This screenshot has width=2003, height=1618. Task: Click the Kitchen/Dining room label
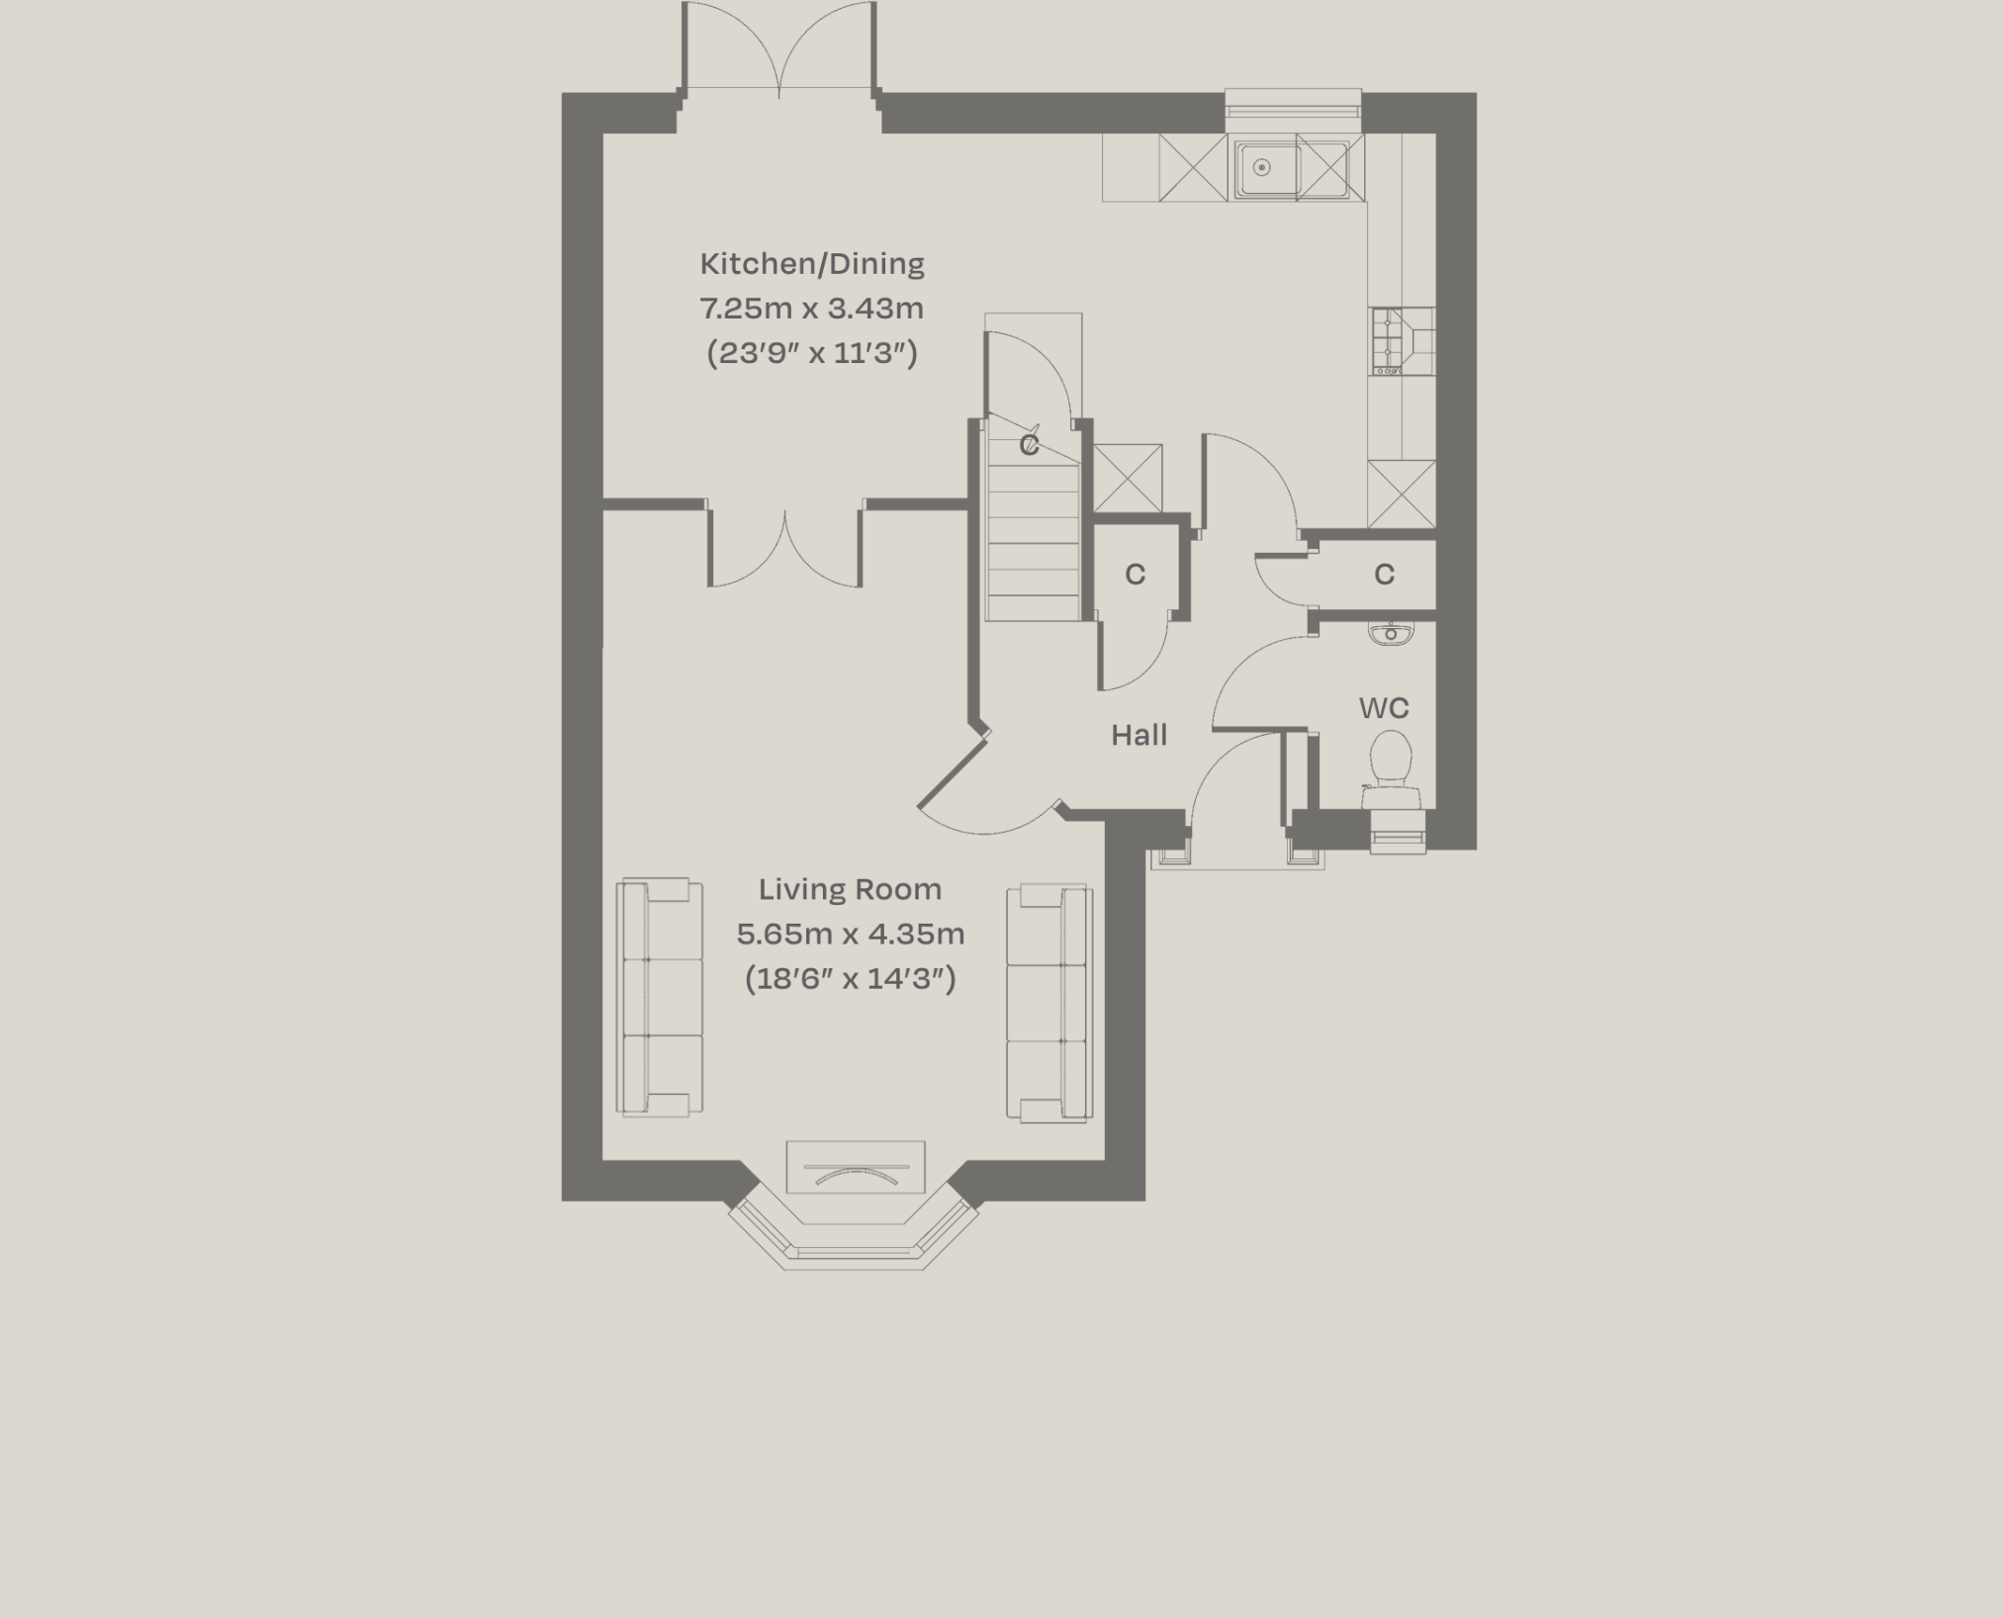[x=812, y=264]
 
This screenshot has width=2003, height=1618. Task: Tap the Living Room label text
[x=850, y=890]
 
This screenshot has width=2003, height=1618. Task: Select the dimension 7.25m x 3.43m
[x=812, y=309]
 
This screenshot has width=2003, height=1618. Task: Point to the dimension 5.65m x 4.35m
[x=850, y=934]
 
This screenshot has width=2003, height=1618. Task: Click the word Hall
[x=1138, y=735]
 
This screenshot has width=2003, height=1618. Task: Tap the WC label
[x=1383, y=708]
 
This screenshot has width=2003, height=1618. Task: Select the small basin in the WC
[x=1391, y=633]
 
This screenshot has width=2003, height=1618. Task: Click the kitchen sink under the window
[x=1264, y=168]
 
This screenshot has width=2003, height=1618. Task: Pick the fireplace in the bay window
[x=856, y=1168]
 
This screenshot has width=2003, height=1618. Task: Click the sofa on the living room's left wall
[x=659, y=998]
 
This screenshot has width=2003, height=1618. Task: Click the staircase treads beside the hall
[x=1034, y=554]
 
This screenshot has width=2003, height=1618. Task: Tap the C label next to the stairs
[x=1135, y=574]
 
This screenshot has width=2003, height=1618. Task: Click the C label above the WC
[x=1384, y=574]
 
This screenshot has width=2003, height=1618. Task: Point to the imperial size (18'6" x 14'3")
[x=850, y=979]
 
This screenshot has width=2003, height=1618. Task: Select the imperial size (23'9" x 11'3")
[x=812, y=353]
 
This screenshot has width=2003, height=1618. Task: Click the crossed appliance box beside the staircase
[x=1128, y=478]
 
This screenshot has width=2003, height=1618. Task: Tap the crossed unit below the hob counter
[x=1401, y=494]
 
